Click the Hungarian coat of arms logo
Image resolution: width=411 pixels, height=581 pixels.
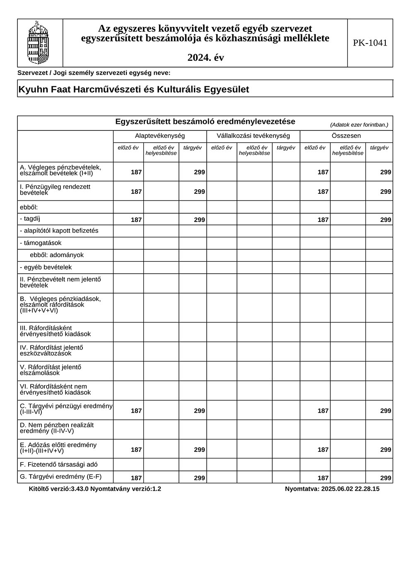coord(38,43)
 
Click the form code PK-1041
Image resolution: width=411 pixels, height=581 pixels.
coord(370,43)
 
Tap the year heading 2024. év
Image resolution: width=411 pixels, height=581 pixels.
coord(205,58)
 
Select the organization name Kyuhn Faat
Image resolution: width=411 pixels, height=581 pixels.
coord(133,89)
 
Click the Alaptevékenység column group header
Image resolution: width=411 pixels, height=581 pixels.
coord(160,136)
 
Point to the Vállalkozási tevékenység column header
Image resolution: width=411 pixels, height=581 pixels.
coord(253,136)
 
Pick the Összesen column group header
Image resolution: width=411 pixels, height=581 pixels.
coord(346,136)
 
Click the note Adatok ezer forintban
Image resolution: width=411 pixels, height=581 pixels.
coord(359,125)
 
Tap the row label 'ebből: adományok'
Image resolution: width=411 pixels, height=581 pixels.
coord(57,255)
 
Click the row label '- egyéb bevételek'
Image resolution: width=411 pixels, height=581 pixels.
coord(46,268)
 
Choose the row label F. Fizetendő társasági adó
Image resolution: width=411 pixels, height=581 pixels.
coord(59,465)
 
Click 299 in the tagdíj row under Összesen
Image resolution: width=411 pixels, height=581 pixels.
coord(385,220)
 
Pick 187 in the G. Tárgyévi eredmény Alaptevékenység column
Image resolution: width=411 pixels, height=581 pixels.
coord(136,478)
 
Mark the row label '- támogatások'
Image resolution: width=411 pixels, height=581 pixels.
coord(41,243)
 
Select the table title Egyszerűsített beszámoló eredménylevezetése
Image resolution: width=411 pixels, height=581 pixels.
coord(205,122)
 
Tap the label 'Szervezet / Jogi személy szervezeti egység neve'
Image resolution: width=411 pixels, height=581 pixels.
coord(94,73)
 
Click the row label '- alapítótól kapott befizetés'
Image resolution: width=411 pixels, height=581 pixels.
coord(59,231)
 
